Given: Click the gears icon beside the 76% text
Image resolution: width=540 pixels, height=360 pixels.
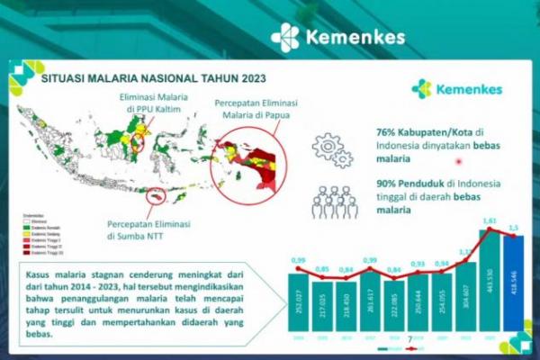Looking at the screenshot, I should [330, 149].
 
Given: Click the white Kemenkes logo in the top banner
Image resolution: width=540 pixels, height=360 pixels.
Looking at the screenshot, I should [337, 38].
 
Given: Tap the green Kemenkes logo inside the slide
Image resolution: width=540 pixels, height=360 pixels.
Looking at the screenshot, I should [456, 89].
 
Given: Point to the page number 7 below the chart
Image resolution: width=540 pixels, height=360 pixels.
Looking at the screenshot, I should [410, 340].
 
